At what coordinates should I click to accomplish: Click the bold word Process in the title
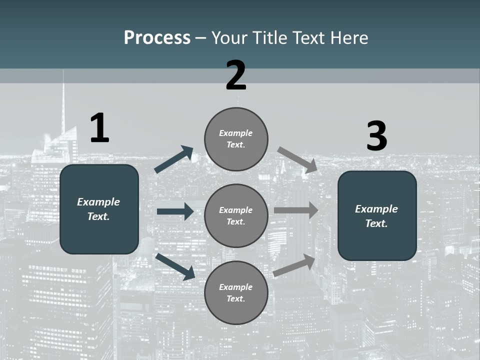[157, 37]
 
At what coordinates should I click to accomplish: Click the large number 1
[99, 128]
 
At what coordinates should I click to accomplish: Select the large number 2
[236, 75]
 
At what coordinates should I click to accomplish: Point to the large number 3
[376, 136]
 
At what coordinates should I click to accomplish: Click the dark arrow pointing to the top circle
[174, 159]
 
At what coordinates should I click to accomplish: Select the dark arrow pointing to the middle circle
[175, 211]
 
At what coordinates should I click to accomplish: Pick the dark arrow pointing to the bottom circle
[175, 266]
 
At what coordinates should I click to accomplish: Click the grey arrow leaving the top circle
[297, 160]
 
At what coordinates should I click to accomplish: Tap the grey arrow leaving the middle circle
[296, 210]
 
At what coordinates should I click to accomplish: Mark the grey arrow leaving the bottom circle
[294, 265]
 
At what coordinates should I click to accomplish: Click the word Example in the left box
[98, 202]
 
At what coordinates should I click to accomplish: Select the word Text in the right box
[376, 223]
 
